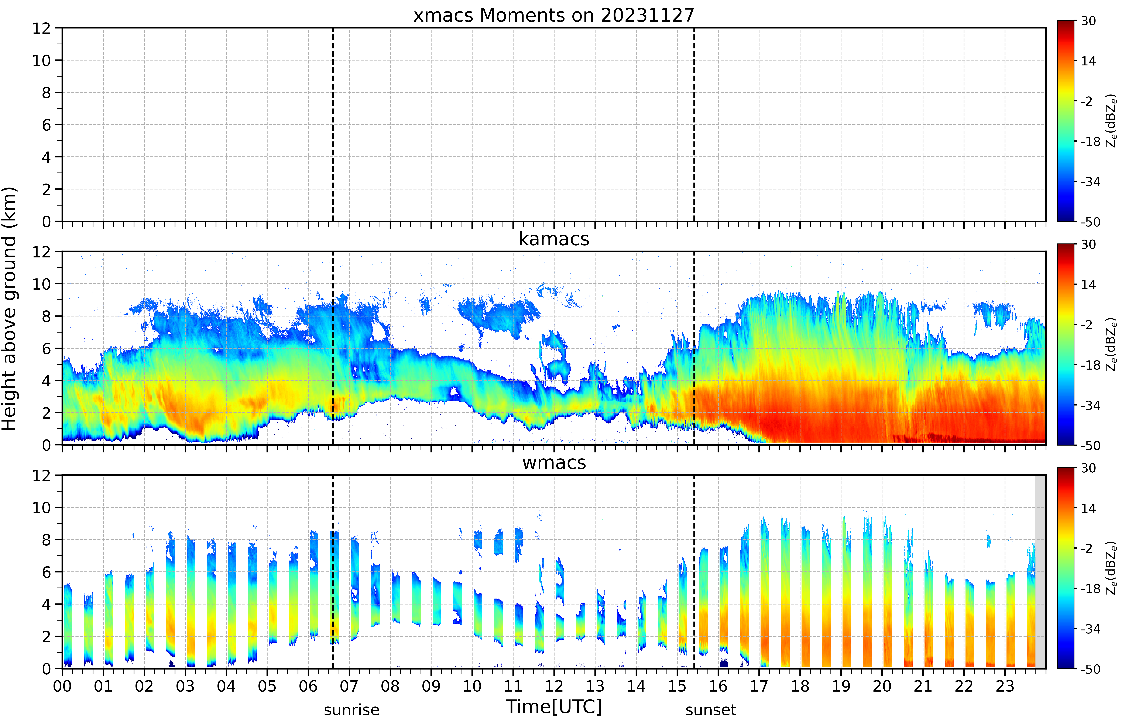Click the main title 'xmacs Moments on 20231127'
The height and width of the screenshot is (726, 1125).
tap(554, 16)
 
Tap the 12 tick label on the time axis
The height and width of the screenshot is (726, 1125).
tap(554, 686)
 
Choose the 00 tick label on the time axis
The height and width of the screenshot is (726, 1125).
tap(62, 686)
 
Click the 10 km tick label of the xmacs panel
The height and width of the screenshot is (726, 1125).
tap(41, 60)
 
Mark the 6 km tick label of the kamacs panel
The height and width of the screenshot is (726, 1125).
tap(46, 349)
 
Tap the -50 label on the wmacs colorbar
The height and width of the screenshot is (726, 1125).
tap(1090, 669)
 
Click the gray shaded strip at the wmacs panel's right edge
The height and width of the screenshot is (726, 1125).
tap(1040, 571)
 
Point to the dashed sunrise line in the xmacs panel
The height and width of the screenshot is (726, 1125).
tap(333, 124)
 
